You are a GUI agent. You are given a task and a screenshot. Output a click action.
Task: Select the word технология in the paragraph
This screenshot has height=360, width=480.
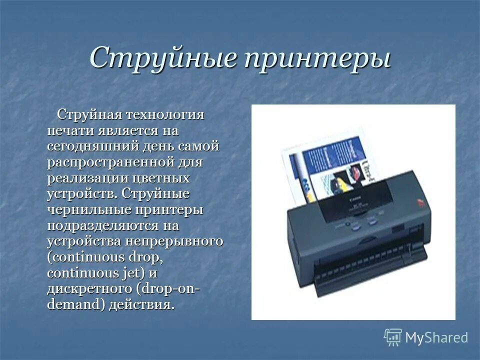point(165,114)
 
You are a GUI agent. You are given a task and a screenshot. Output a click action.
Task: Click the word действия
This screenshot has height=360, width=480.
point(144,305)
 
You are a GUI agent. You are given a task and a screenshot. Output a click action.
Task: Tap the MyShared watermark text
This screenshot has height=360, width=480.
point(436,337)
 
